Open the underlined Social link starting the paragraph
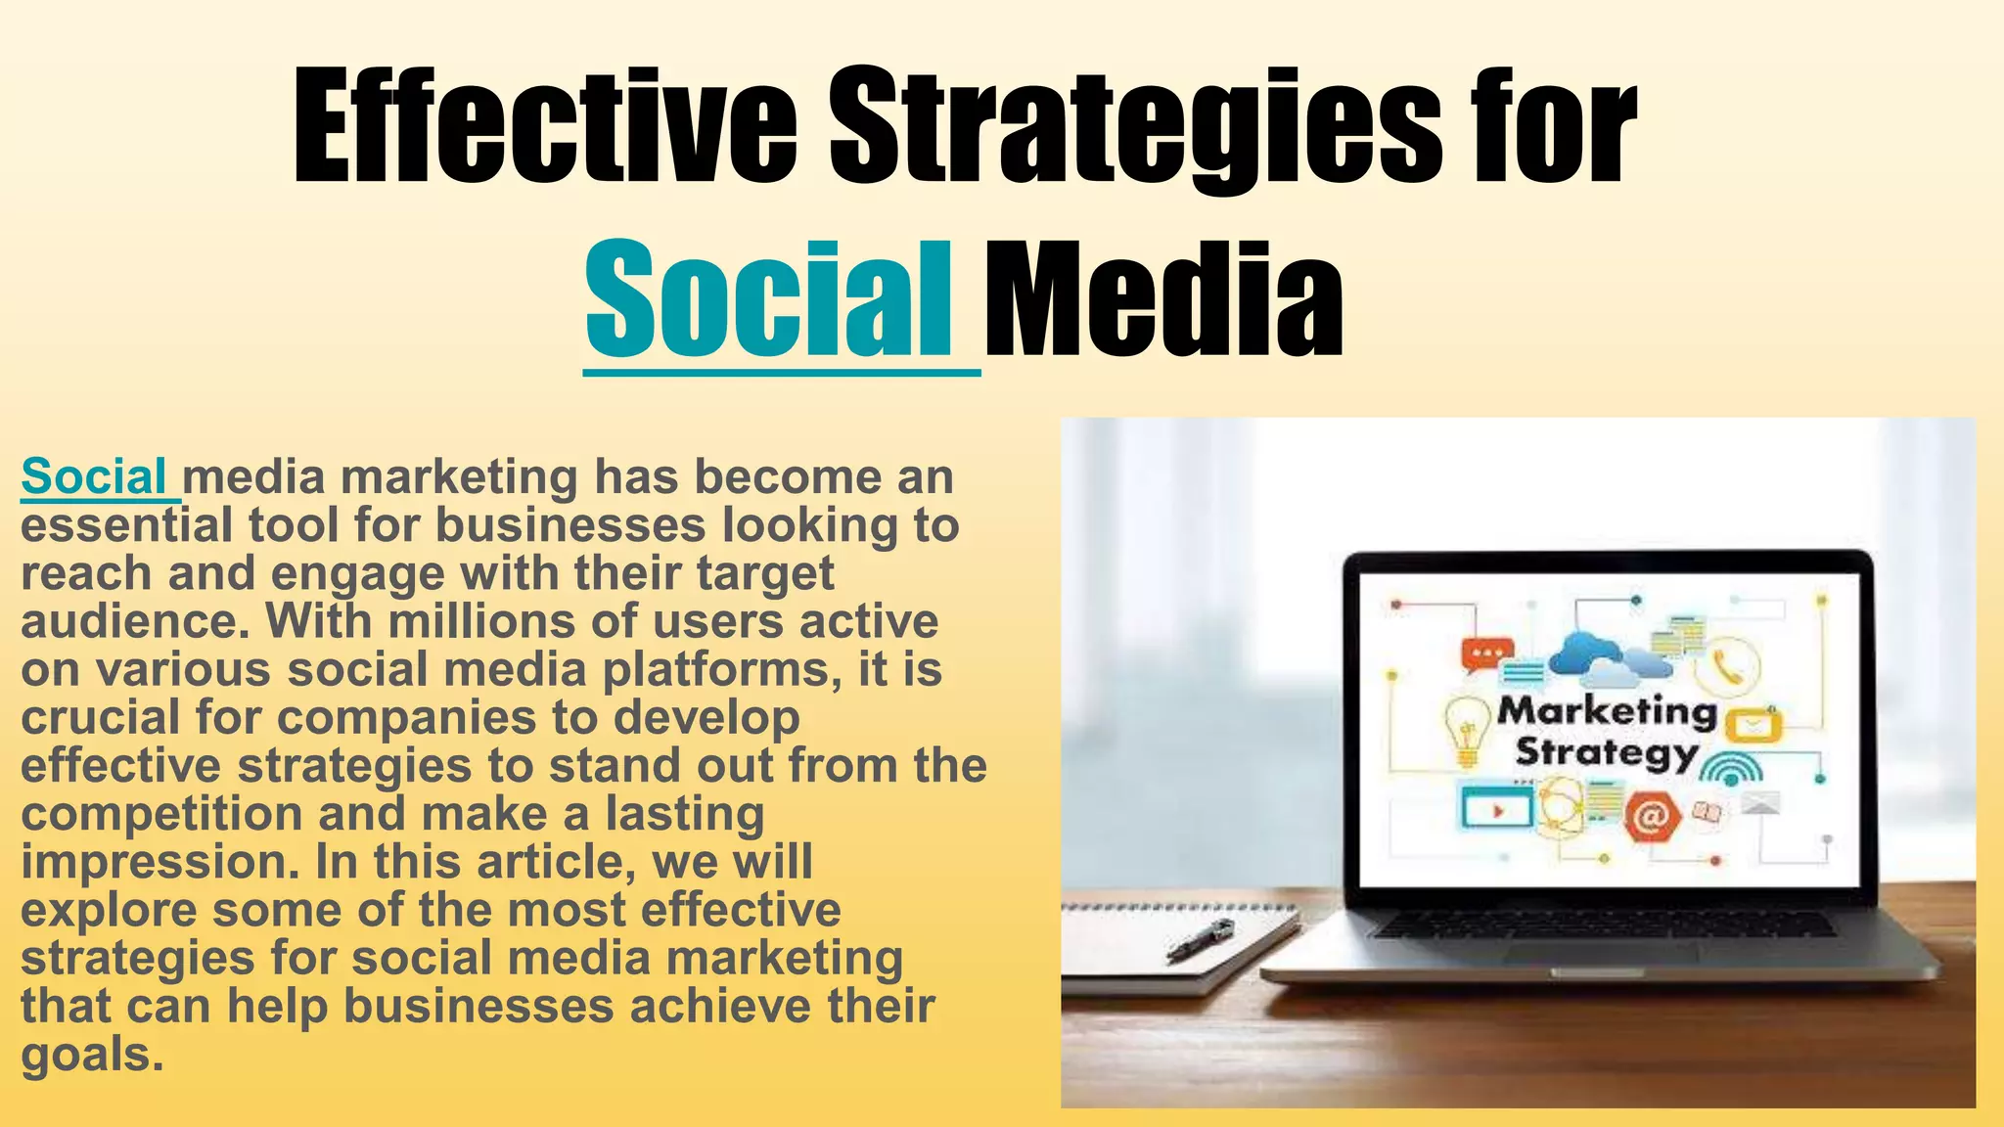pyautogui.click(x=95, y=477)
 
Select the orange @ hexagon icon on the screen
pyautogui.click(x=1652, y=817)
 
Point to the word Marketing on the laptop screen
pyautogui.click(x=1608, y=710)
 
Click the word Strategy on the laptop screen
pyautogui.click(x=1605, y=753)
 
